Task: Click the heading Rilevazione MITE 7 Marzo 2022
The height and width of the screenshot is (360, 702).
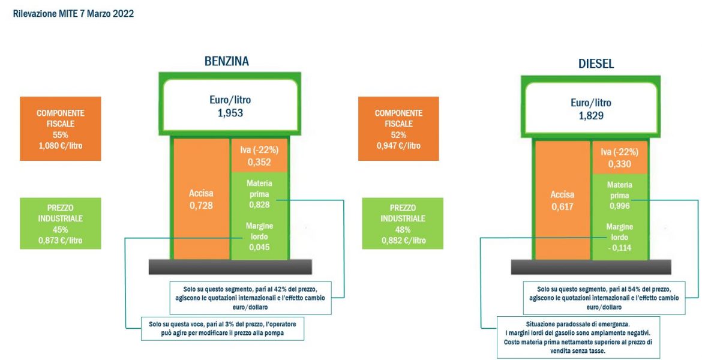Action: (74, 14)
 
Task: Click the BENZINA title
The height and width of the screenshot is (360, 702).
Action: (227, 61)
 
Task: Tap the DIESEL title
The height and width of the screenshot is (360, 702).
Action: (595, 64)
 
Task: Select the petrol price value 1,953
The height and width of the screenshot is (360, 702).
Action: (230, 113)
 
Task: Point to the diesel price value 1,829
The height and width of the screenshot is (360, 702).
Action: (591, 116)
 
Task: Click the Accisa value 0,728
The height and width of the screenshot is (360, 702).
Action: (201, 206)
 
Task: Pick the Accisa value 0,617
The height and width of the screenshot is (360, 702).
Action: (563, 208)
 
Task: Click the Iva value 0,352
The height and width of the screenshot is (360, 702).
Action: (259, 162)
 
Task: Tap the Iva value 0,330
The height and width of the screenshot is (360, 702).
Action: (620, 164)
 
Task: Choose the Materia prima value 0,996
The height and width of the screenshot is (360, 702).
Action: (620, 206)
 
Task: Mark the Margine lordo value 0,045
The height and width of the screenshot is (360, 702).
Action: (259, 247)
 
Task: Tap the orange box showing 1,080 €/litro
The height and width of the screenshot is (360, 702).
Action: (61, 128)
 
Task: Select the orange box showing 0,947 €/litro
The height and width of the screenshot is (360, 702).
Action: (398, 128)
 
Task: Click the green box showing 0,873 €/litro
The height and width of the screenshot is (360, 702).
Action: (61, 223)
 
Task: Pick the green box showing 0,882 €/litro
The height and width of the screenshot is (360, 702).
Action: (403, 223)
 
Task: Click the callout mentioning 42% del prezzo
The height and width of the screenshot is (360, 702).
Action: (251, 298)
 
